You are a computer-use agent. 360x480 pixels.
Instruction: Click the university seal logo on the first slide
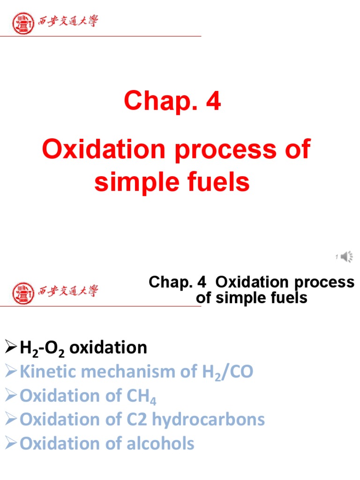point(22,22)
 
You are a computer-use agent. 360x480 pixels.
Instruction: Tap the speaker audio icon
point(347,256)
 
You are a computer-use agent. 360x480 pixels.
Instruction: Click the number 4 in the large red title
point(213,102)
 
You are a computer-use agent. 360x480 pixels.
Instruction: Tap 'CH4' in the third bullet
point(141,397)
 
